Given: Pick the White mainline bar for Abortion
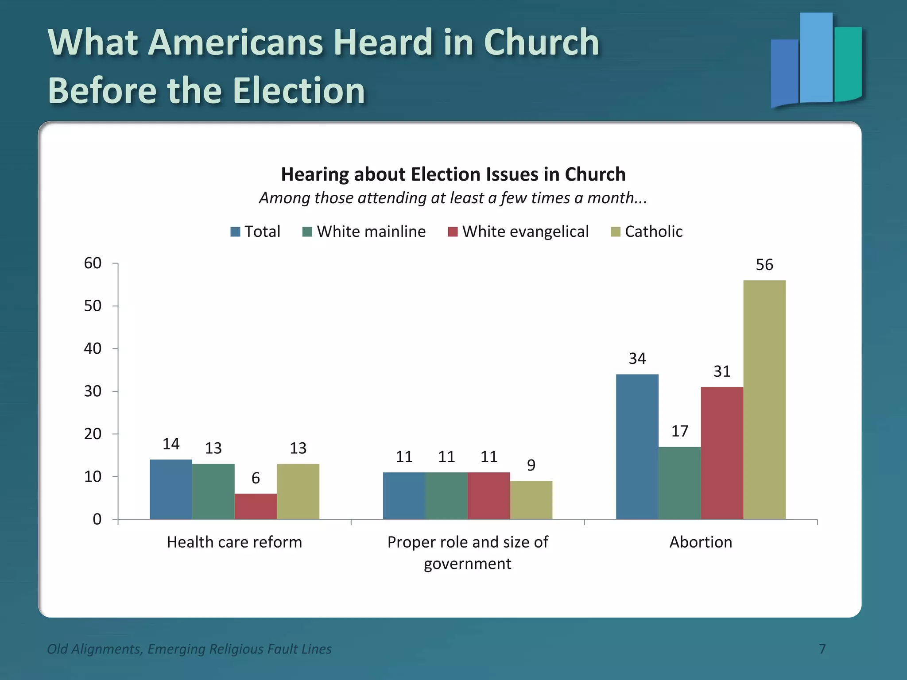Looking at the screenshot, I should click(x=679, y=483).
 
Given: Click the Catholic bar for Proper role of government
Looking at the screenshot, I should click(x=531, y=500).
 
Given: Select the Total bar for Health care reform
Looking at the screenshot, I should click(x=171, y=489).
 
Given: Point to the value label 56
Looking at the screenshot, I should click(x=764, y=265).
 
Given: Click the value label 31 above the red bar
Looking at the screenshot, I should click(x=722, y=371).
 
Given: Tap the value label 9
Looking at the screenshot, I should click(x=531, y=465).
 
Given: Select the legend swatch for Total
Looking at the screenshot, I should click(x=235, y=232).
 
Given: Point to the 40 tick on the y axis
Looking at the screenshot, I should click(x=93, y=349).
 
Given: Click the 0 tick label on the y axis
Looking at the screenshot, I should click(x=97, y=519).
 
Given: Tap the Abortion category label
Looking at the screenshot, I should click(x=701, y=542).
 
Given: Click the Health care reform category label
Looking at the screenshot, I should click(x=234, y=542).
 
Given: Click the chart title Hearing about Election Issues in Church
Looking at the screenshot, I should click(x=453, y=174).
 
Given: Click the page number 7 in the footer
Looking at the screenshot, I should click(x=822, y=649).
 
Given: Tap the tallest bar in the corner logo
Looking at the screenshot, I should click(x=816, y=58).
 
